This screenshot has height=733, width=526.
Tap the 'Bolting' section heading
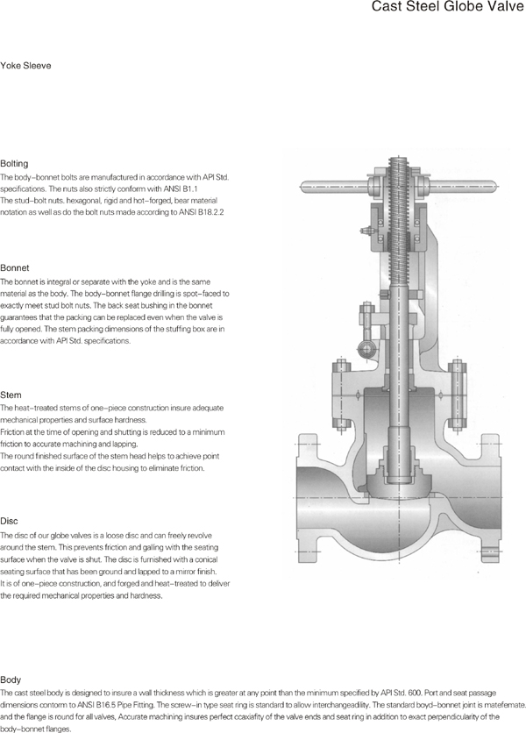point(15,164)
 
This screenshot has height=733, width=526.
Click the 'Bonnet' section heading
point(16,267)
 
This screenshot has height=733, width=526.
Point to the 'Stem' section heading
point(12,395)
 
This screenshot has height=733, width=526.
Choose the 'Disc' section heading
point(11,520)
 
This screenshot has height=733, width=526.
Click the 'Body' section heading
point(11,680)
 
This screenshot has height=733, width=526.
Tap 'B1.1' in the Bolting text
point(190,189)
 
